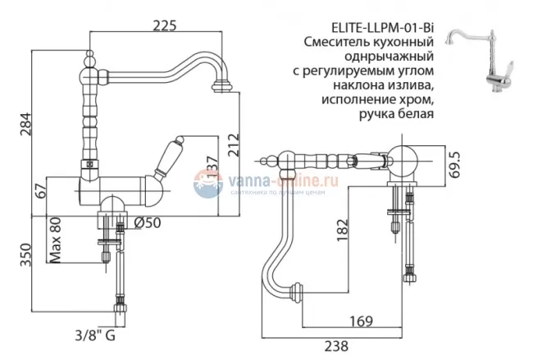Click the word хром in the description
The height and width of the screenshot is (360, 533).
point(413,99)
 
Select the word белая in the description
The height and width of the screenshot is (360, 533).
point(412,114)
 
